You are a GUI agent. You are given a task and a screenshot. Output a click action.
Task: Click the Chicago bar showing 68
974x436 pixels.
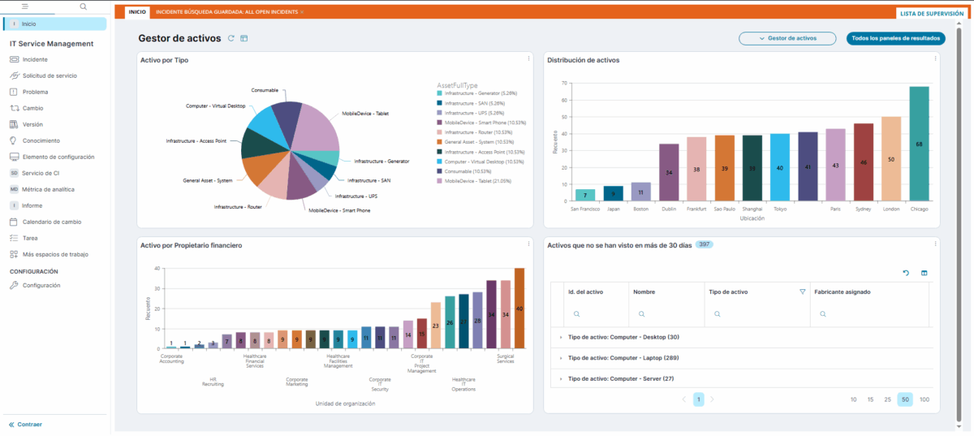[919, 144]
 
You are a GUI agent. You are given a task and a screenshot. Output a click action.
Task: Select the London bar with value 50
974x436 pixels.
[891, 159]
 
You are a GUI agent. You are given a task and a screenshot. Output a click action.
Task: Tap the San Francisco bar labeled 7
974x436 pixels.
[585, 195]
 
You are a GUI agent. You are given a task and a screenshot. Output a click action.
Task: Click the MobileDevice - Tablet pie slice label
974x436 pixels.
[364, 114]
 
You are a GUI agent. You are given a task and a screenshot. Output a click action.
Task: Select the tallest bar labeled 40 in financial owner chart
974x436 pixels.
[519, 308]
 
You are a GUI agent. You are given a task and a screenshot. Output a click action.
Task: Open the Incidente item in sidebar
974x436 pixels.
[35, 59]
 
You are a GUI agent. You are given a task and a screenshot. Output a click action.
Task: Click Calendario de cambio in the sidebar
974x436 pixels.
[51, 222]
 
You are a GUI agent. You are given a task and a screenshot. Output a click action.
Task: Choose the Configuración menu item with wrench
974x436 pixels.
[41, 285]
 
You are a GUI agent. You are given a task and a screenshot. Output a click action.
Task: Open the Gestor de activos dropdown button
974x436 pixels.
[787, 38]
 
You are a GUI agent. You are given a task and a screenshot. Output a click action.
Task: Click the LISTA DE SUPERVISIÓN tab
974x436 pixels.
[931, 13]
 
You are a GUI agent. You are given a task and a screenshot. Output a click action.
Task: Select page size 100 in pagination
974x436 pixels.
[924, 399]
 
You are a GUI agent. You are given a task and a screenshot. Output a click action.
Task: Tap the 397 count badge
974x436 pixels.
[705, 244]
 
